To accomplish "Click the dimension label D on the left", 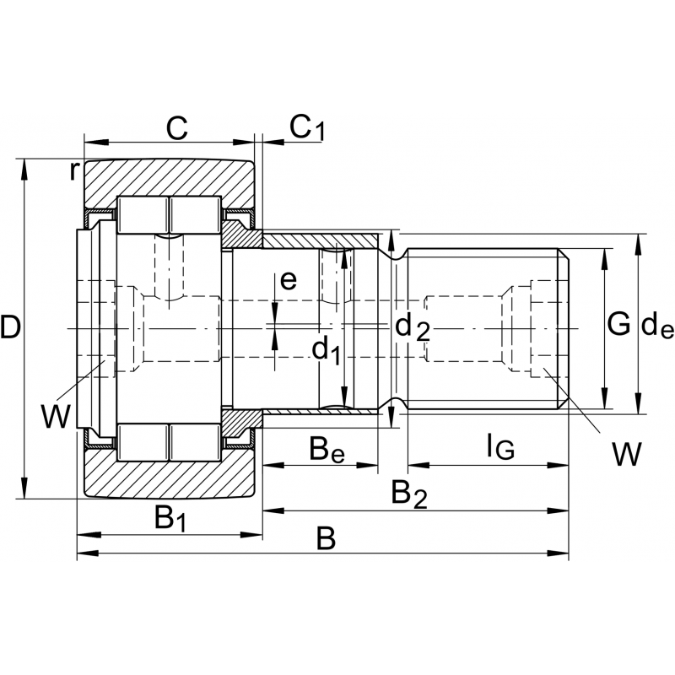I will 11,327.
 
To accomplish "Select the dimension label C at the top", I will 175,128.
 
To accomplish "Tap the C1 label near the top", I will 306,127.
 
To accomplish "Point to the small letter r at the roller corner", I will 74,170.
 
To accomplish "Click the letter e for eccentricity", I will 289,281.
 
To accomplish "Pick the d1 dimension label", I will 327,348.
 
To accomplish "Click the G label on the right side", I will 618,323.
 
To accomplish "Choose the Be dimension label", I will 327,450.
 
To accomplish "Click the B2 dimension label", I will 408,494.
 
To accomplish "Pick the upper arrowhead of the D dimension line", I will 24,166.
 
